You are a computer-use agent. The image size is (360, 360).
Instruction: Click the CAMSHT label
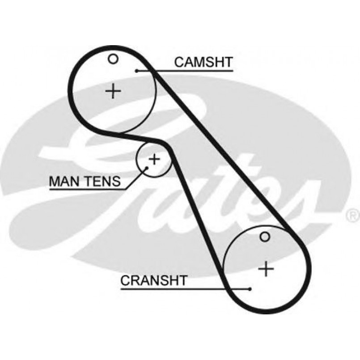pos(203,62)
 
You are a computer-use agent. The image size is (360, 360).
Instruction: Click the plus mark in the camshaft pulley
pos(114,91)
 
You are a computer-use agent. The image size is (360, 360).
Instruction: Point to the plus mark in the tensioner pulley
pos(154,159)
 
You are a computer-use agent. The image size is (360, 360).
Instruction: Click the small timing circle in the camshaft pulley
pos(113,59)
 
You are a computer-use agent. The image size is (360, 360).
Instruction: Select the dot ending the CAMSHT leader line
pos(136,71)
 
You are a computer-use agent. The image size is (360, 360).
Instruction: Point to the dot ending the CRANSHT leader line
pos(250,289)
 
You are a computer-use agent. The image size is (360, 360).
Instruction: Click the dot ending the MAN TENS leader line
pos(147,169)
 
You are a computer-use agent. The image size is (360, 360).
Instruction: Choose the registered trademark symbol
pos(351,216)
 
